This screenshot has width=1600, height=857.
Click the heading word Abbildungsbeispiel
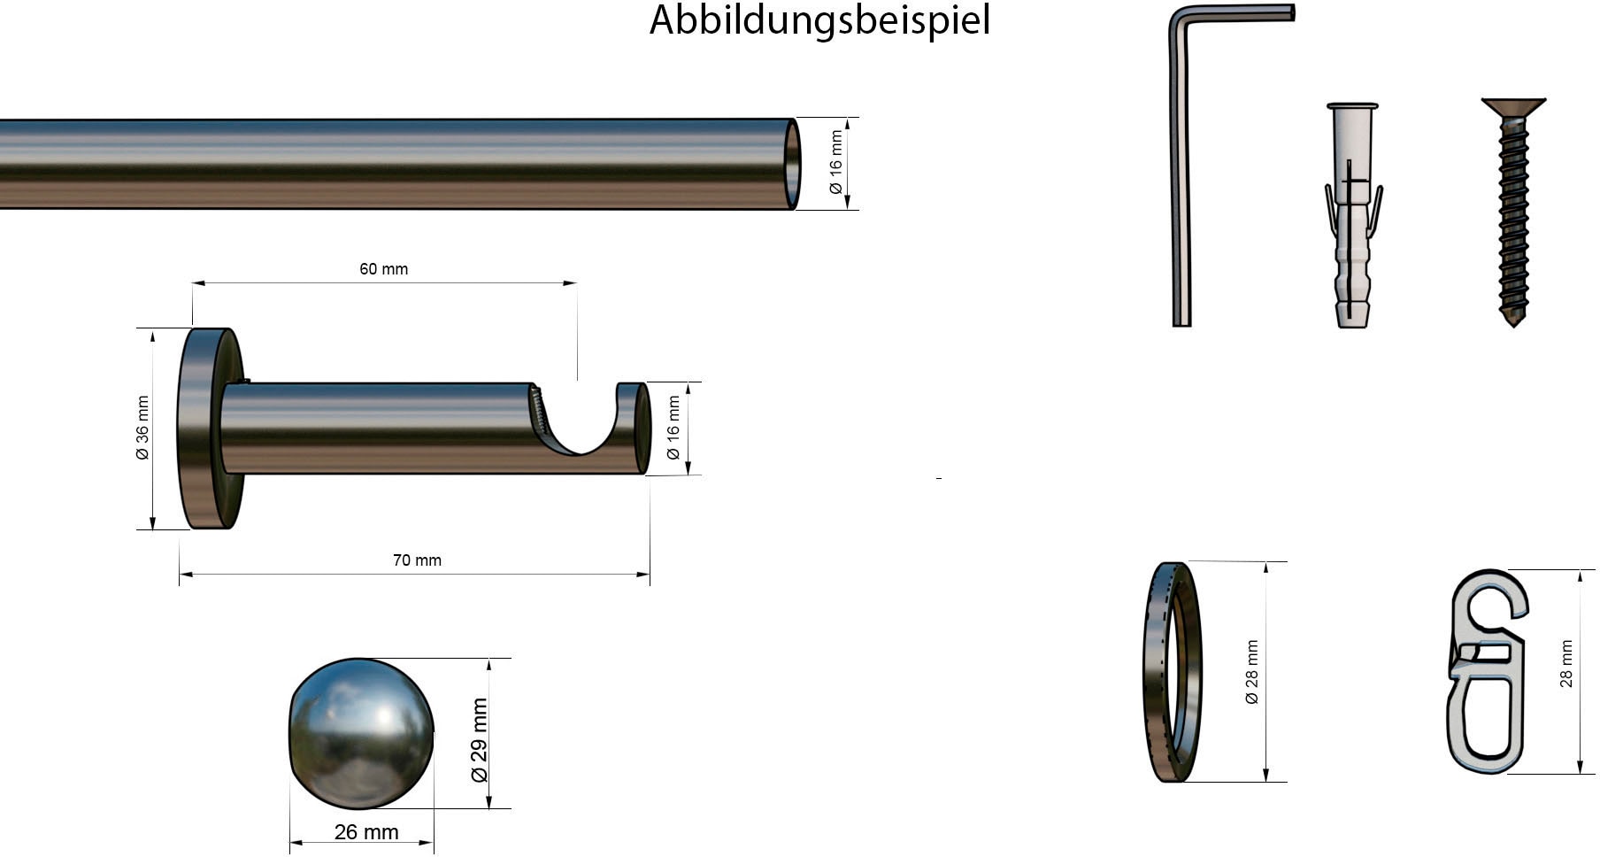click(819, 20)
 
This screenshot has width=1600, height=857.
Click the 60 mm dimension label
click(383, 269)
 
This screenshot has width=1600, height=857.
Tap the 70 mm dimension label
click(417, 560)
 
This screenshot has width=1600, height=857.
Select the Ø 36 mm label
click(142, 428)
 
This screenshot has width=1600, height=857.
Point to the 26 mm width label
click(365, 832)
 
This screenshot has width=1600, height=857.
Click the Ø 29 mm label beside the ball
click(479, 740)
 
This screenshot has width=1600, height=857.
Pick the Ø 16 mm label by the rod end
click(835, 163)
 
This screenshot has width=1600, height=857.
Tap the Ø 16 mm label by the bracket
click(673, 428)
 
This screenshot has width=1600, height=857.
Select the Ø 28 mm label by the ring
click(1251, 672)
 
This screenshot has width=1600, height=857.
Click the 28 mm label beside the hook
click(1566, 664)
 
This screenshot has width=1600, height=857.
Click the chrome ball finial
click(361, 733)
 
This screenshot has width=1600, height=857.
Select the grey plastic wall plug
click(1352, 217)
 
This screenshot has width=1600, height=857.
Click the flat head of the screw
click(1513, 107)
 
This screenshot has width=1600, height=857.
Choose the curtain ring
click(1173, 672)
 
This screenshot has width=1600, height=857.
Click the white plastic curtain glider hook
click(1487, 671)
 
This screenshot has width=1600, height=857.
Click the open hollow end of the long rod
click(792, 164)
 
